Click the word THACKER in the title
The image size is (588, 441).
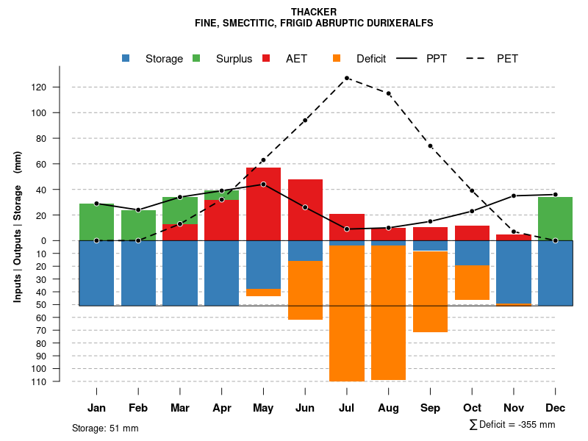(314, 12)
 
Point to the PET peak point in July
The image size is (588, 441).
(346, 78)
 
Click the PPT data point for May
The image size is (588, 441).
(263, 184)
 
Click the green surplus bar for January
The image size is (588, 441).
(96, 222)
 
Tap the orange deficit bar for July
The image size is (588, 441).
(346, 313)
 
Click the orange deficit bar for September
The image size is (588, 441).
(430, 291)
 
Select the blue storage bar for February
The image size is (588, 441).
(138, 273)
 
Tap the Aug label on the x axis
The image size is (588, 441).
(388, 408)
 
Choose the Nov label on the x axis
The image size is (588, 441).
(514, 408)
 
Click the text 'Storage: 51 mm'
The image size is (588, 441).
(105, 428)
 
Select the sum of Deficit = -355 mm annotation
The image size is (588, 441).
(512, 425)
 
